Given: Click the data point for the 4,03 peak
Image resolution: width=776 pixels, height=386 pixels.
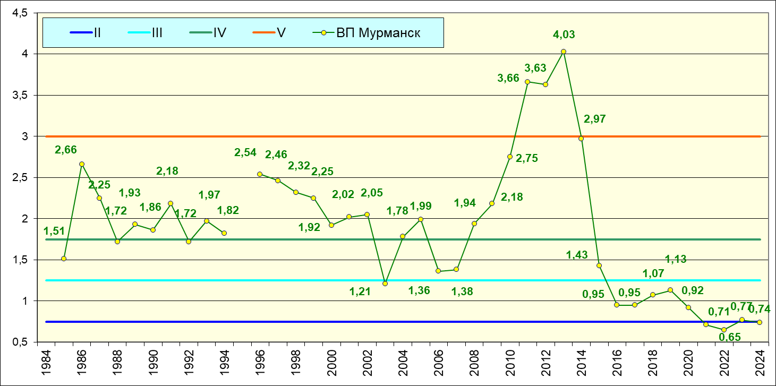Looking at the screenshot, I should [564, 52].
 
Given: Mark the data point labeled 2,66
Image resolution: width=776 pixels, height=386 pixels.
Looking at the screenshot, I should [82, 164].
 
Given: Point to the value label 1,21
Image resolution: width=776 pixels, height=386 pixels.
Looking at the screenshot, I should [360, 291].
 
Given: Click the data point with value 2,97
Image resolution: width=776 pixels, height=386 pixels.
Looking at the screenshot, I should [581, 139].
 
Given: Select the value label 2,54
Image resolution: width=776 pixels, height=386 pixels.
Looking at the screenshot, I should [245, 153].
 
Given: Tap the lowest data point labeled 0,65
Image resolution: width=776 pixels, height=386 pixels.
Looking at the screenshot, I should [724, 330].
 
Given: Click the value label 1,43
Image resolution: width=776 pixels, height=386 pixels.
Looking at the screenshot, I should [577, 255].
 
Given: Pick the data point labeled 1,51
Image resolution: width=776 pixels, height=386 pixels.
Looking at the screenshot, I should [64, 259].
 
